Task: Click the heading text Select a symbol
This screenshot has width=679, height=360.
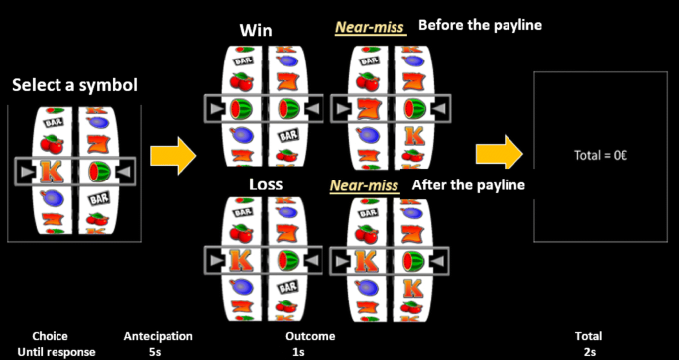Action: click(74, 86)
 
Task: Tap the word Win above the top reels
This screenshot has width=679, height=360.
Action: click(255, 29)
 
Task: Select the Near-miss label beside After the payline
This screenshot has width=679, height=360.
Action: click(366, 185)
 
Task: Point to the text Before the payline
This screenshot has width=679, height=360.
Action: click(480, 25)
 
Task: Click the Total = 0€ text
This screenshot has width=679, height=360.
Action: click(603, 155)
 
